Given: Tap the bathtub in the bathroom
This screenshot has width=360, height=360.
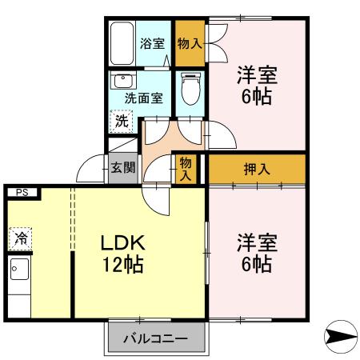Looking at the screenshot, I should (x=122, y=45).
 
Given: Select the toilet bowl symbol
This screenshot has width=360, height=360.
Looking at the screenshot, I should (x=189, y=90).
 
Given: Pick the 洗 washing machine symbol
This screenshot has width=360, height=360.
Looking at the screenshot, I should (x=120, y=122).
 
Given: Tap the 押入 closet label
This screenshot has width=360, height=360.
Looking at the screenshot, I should (x=257, y=169).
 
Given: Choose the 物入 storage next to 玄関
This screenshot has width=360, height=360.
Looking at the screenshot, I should (x=186, y=167).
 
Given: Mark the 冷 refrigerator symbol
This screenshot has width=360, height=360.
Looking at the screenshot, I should (x=21, y=238).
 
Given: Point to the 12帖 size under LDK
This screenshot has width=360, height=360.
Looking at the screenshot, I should (x=122, y=265).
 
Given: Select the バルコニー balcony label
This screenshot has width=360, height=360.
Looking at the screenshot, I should (x=156, y=339).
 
